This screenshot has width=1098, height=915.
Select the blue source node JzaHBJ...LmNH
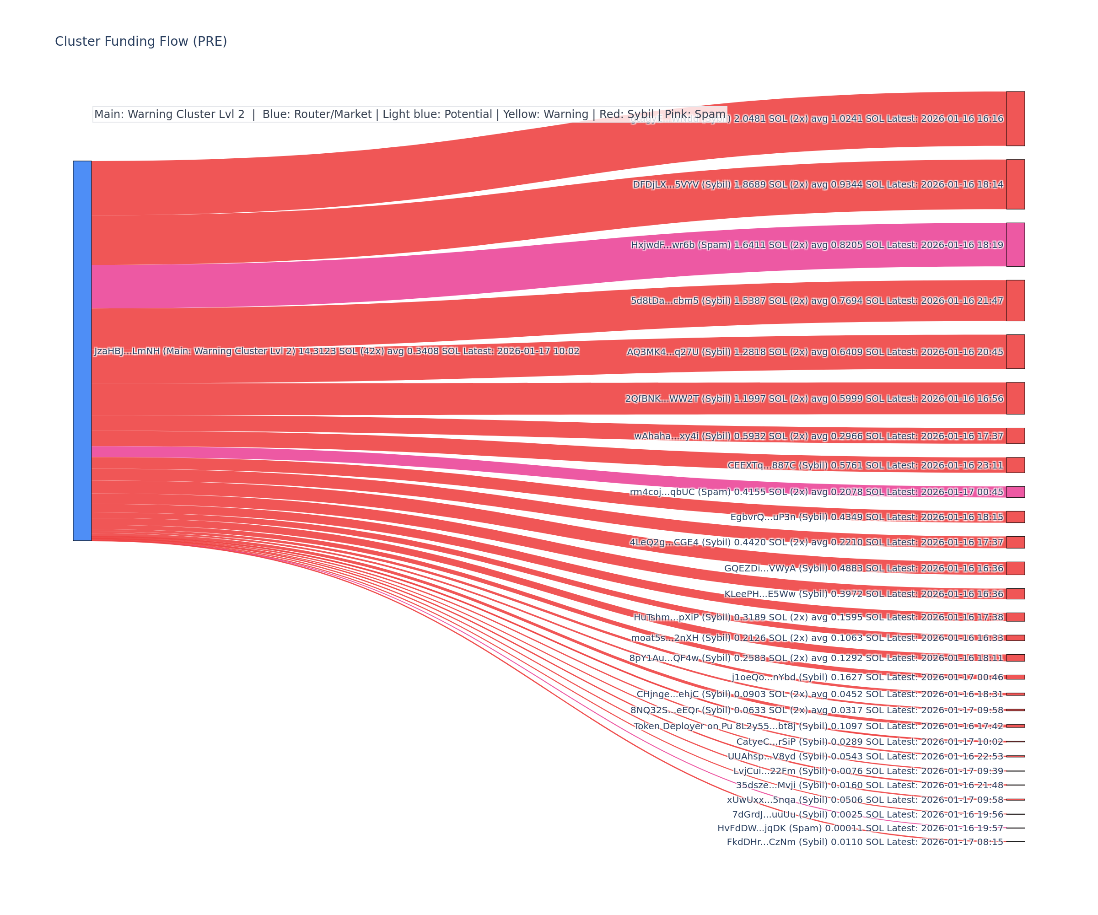pyautogui.click(x=82, y=350)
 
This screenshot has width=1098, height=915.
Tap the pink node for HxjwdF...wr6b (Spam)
pyautogui.click(x=1015, y=245)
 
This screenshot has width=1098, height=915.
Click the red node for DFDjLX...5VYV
pyautogui.click(x=1015, y=184)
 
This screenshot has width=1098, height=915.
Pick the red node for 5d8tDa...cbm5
pyautogui.click(x=1015, y=301)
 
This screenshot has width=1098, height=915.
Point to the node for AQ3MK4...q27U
pyautogui.click(x=1015, y=351)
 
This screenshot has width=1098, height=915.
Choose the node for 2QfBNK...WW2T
pyautogui.click(x=1015, y=398)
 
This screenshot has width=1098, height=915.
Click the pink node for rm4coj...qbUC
pyautogui.click(x=1015, y=491)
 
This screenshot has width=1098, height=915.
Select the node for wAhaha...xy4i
pyautogui.click(x=1015, y=436)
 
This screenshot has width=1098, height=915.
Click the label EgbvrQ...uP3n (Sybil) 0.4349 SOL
pyautogui.click(x=867, y=517)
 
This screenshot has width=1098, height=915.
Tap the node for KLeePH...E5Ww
pyautogui.click(x=1015, y=593)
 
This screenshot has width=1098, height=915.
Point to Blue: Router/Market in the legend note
pyautogui.click(x=317, y=114)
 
